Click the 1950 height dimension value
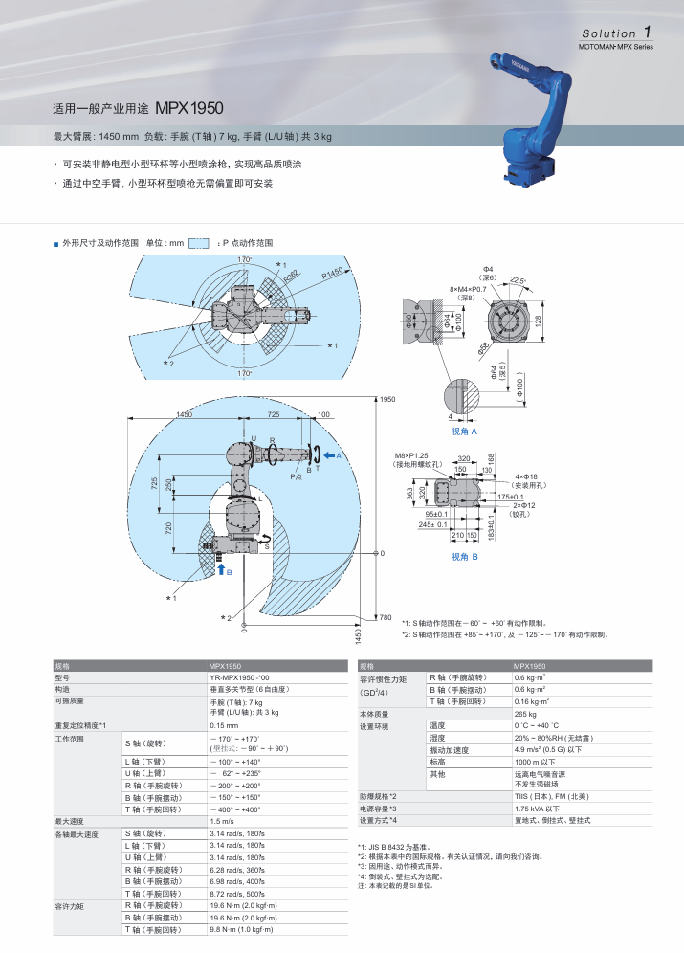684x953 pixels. point(387,399)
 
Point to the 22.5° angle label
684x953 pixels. point(518,279)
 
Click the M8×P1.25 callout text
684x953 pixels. point(413,455)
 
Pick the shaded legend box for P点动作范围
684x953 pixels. point(198,243)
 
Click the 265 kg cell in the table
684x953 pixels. point(525,714)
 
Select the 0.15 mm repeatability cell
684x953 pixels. point(224,725)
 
